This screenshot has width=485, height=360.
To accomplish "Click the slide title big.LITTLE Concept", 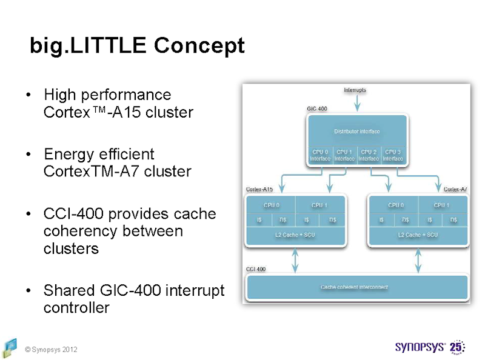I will [137, 45].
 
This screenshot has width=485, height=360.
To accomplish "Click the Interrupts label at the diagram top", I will [355, 90].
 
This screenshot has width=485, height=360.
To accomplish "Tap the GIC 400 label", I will [317, 109].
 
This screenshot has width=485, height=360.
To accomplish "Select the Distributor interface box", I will [357, 131].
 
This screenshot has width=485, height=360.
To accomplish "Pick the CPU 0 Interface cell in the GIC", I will [320, 155].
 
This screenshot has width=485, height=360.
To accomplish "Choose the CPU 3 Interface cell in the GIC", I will [393, 155].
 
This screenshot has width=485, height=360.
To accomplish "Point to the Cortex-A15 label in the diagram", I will [259, 189].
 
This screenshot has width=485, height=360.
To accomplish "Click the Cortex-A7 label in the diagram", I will [455, 189].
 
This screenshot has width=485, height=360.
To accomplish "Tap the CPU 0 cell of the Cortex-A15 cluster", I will [271, 205].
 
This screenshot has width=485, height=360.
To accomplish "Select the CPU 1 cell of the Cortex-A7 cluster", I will [441, 205].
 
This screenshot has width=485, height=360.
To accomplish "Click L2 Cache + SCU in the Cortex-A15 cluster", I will [295, 235].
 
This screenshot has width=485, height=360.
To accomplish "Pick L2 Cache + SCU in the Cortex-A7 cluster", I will [418, 235].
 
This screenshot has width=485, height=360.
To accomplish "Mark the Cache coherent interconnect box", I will [355, 287].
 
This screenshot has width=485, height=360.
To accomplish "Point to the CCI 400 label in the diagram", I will [255, 268].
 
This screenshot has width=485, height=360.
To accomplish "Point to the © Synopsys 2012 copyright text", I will [51, 350].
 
